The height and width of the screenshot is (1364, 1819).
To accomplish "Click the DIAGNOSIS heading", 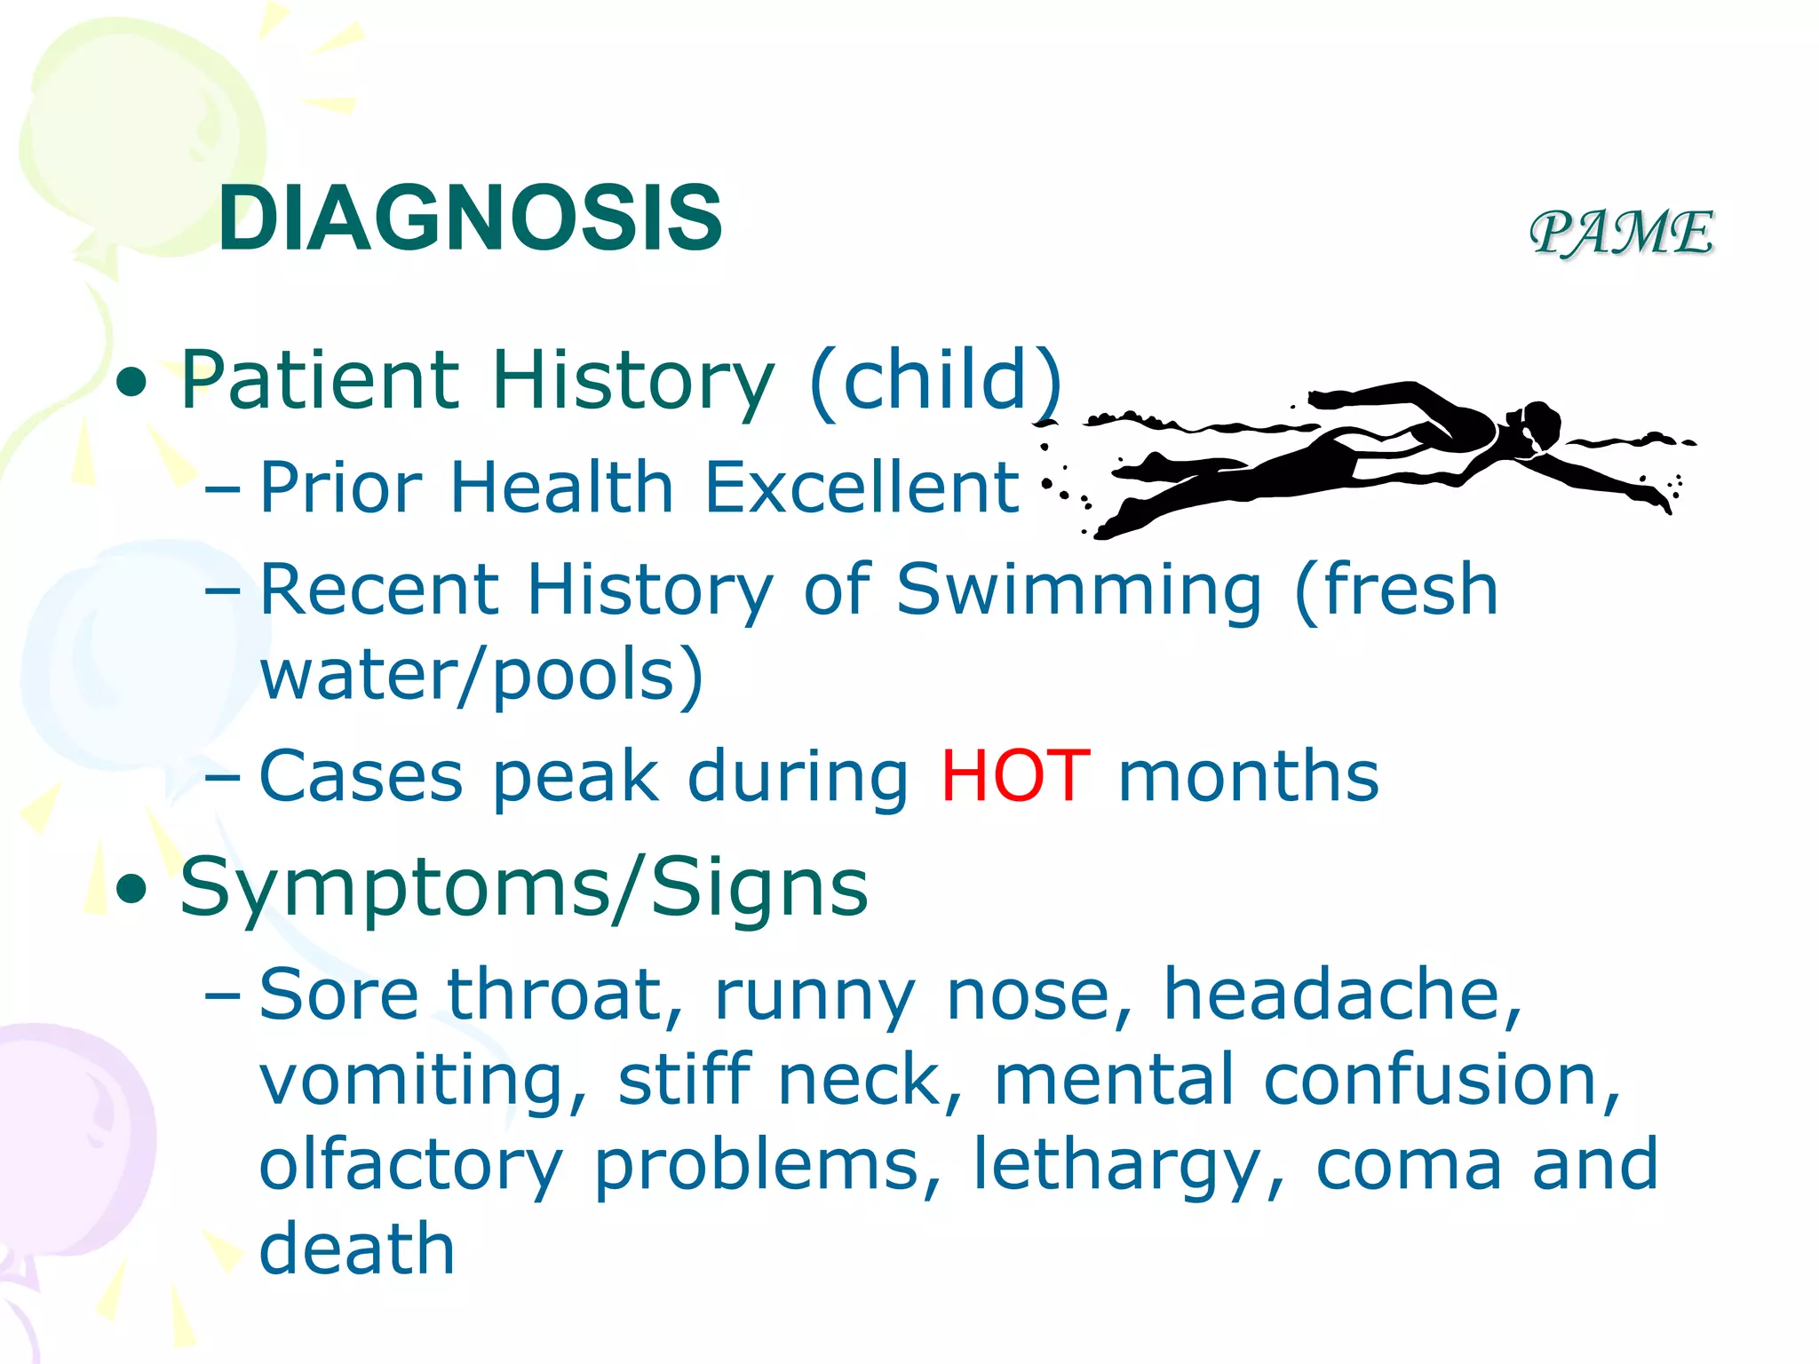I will (470, 218).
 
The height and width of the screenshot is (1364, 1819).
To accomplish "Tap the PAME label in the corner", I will (1622, 233).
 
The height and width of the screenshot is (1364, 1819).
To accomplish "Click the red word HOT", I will (1015, 775).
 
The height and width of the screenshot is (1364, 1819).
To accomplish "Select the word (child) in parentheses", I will (935, 380).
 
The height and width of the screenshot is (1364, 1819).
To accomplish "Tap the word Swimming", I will (1078, 590).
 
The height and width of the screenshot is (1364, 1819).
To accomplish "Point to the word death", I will (357, 1248).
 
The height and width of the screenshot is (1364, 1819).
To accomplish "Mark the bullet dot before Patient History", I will (131, 383).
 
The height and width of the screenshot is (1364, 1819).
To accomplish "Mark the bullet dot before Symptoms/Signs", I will (131, 890).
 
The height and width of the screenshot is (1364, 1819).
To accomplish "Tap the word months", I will (1248, 775).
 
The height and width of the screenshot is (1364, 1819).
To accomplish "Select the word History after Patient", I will (633, 380).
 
